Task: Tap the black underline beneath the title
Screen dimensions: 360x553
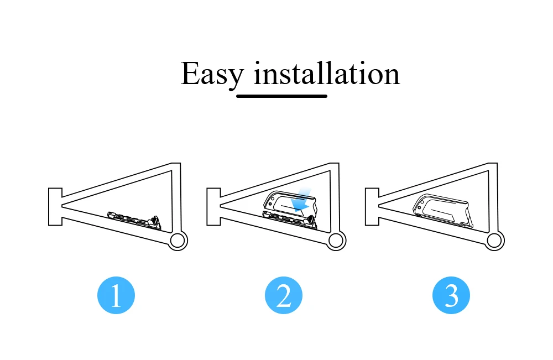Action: pos(281,96)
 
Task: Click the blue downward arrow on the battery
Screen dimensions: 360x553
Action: pos(301,200)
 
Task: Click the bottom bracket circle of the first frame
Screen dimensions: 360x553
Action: pos(178,241)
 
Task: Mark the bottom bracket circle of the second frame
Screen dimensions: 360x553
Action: pos(336,241)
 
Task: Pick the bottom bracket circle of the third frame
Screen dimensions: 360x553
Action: pos(495,241)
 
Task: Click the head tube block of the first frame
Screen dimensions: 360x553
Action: pos(55,206)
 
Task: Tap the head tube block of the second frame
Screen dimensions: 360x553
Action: pos(213,206)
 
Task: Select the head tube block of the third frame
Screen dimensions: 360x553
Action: pos(372,206)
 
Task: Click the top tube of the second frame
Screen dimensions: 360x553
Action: pos(276,180)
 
